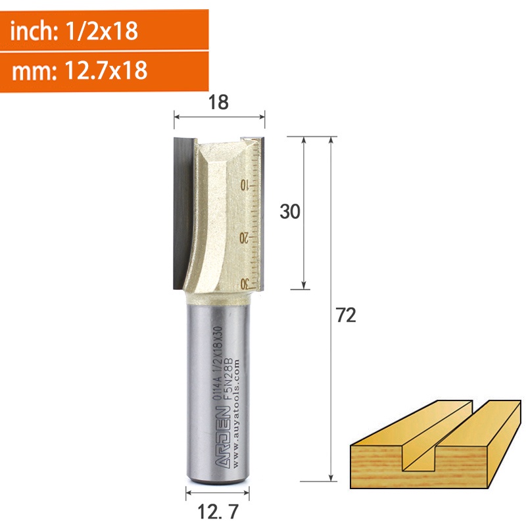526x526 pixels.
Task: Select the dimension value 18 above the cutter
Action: pos(218,102)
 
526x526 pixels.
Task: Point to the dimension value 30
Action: pos(290,212)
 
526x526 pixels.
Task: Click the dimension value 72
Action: pos(346,316)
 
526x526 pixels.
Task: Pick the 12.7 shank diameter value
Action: pos(218,512)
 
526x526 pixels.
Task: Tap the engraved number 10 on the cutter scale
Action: pos(244,185)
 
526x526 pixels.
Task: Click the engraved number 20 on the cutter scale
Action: pos(244,238)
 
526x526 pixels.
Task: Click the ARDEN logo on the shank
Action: pos(223,437)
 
